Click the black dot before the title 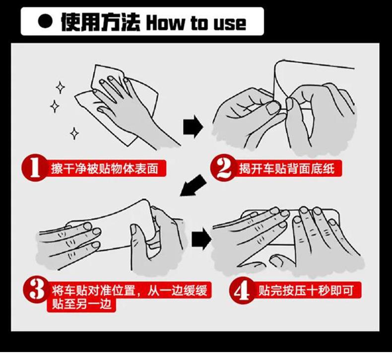45,21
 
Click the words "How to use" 196,23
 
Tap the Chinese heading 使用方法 101,22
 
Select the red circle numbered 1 35,167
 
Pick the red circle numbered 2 223,168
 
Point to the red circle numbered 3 36,290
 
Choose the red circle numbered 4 242,290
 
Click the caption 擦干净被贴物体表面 105,168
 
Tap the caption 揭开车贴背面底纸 287,168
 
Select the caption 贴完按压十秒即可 306,290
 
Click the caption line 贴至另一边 81,304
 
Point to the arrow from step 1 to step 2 193,127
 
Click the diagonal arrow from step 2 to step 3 193,185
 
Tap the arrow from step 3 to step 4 201,239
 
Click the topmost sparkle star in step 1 60,87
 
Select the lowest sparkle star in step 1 74,134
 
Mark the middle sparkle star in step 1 55,107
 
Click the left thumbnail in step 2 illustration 272,108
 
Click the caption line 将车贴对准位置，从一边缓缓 130,290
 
